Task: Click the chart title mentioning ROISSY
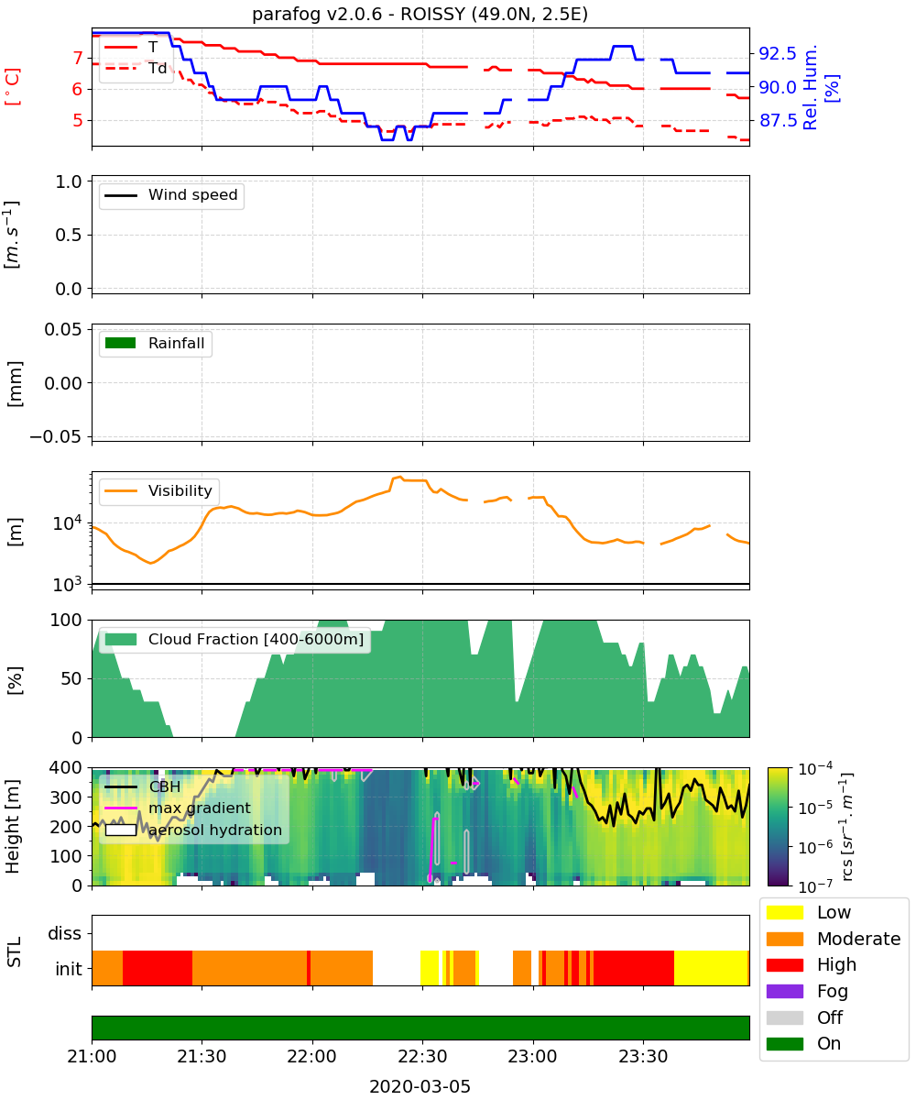pyautogui.click(x=420, y=14)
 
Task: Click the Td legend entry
pyautogui.click(x=136, y=69)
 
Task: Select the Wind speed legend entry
pyautogui.click(x=171, y=195)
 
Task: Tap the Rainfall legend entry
pyautogui.click(x=155, y=343)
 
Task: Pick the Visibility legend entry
pyautogui.click(x=158, y=491)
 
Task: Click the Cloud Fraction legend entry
pyautogui.click(x=234, y=639)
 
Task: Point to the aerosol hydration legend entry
pyautogui.click(x=193, y=830)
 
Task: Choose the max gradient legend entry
pyautogui.click(x=178, y=808)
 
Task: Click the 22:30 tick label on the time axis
pyautogui.click(x=422, y=1056)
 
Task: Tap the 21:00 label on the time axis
pyautogui.click(x=92, y=1056)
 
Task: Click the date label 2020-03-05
pyautogui.click(x=420, y=1086)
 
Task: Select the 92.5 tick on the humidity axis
pyautogui.click(x=777, y=53)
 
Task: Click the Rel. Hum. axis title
pyautogui.click(x=810, y=87)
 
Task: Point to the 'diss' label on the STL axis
pyautogui.click(x=65, y=933)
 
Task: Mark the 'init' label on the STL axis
pyautogui.click(x=69, y=969)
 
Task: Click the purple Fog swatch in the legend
pyautogui.click(x=784, y=991)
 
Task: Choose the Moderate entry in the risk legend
pyautogui.click(x=834, y=939)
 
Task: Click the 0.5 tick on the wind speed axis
pyautogui.click(x=69, y=235)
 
